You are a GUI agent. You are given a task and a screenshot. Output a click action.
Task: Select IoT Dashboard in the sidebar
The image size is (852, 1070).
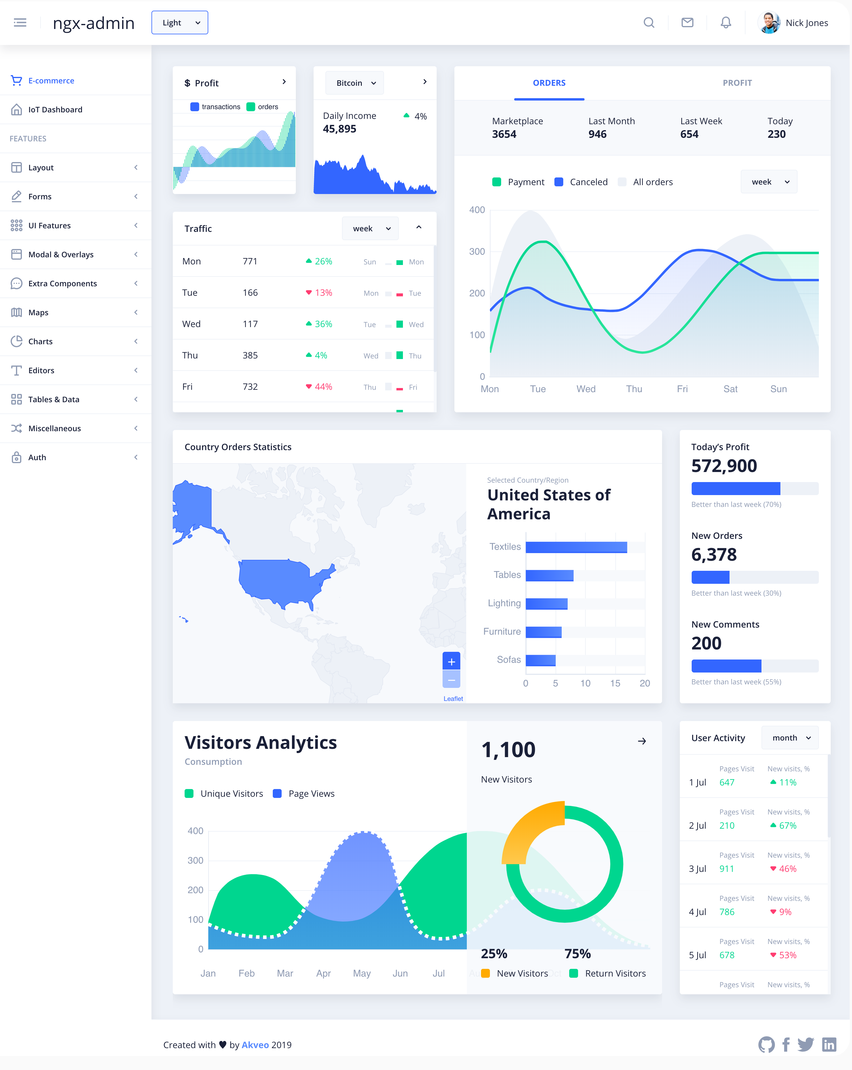click(x=55, y=110)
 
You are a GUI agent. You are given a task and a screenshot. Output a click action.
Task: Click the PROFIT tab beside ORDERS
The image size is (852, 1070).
click(x=737, y=83)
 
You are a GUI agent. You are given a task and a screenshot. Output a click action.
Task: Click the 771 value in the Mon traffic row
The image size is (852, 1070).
click(x=250, y=261)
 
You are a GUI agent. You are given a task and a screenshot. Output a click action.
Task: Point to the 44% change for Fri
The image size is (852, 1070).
click(x=323, y=387)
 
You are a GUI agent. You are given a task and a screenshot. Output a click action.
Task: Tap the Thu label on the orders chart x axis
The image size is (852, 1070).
click(x=634, y=389)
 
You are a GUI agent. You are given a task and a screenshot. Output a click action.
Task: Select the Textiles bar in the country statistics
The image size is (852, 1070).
click(x=576, y=547)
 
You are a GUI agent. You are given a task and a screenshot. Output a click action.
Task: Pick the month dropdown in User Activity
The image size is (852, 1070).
click(x=790, y=738)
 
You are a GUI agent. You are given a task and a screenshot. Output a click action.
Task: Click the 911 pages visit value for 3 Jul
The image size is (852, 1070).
click(x=726, y=869)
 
